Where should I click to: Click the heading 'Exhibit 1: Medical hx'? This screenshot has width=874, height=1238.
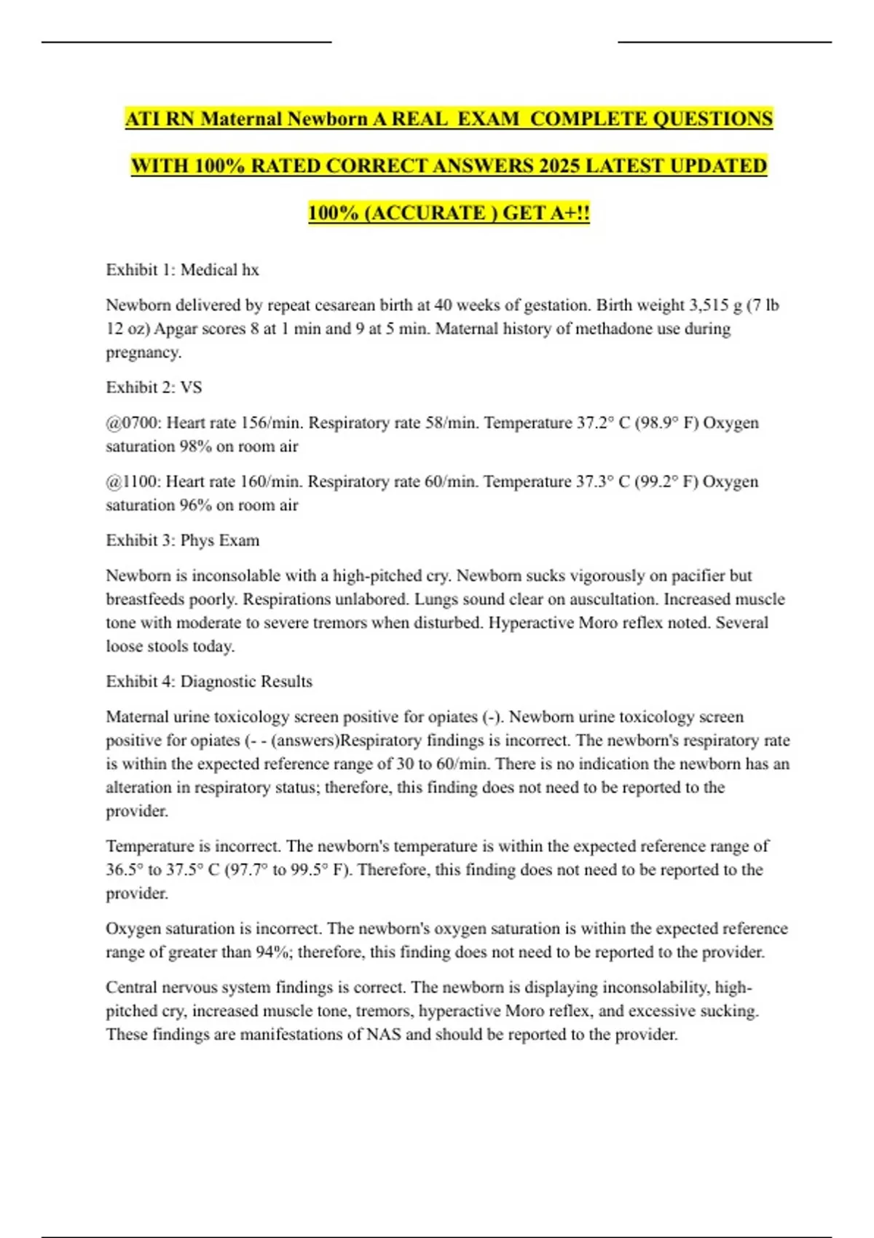(x=182, y=269)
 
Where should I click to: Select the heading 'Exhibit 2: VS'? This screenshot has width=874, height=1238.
(x=154, y=387)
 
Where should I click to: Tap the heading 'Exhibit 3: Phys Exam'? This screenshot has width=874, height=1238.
(x=182, y=540)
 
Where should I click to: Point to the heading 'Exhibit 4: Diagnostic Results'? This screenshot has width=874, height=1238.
(x=209, y=682)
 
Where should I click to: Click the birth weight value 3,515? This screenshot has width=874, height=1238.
(x=709, y=305)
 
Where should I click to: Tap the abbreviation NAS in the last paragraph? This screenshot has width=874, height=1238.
(x=383, y=1035)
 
